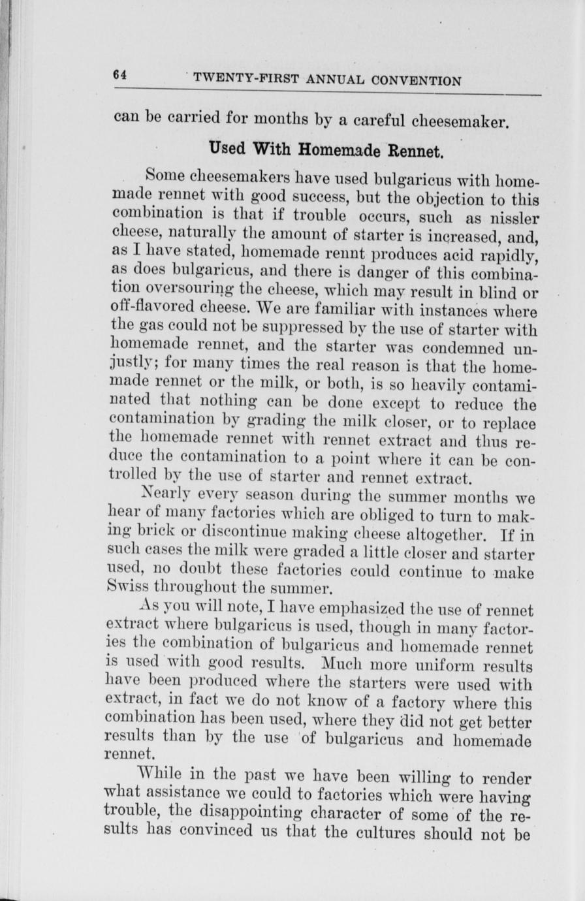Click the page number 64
click(x=119, y=74)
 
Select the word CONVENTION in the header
click(x=417, y=82)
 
